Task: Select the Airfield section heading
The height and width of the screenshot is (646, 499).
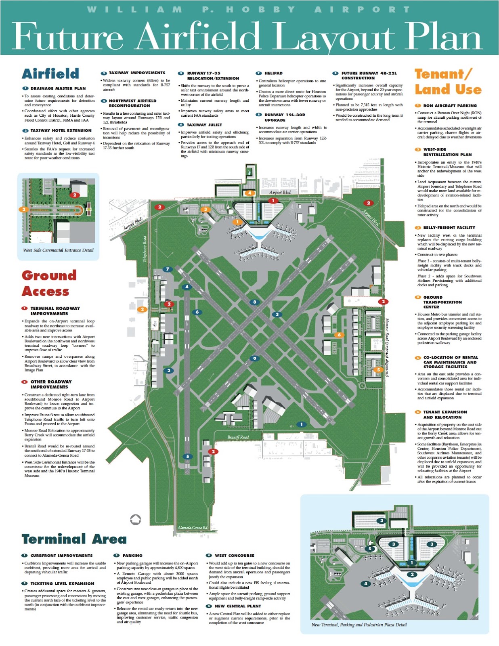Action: pyautogui.click(x=50, y=74)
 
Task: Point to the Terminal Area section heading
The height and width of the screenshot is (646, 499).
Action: pyautogui.click(x=74, y=539)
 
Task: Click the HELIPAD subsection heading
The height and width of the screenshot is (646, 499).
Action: pyautogui.click(x=273, y=73)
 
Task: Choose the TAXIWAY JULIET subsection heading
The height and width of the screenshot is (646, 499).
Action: pyautogui.click(x=204, y=125)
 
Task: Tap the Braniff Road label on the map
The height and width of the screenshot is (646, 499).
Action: pyautogui.click(x=238, y=437)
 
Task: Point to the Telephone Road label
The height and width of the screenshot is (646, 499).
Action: pyautogui.click(x=145, y=249)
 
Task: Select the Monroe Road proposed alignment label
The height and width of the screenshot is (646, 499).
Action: pyautogui.click(x=387, y=347)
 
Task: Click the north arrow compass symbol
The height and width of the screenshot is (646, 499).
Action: pyautogui.click(x=136, y=520)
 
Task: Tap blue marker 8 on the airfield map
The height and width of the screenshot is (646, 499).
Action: pyautogui.click(x=254, y=302)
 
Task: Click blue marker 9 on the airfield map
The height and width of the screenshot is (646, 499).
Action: pyautogui.click(x=254, y=359)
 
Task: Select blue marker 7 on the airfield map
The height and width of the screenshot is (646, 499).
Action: pyautogui.click(x=168, y=269)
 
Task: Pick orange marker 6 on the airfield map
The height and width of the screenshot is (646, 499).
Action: pyautogui.click(x=339, y=335)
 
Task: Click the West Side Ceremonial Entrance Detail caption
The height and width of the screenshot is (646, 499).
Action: pyautogui.click(x=58, y=250)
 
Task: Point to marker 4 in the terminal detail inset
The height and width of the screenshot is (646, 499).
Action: pyautogui.click(x=366, y=583)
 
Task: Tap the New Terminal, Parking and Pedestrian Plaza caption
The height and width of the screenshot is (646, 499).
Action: pyautogui.click(x=359, y=625)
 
